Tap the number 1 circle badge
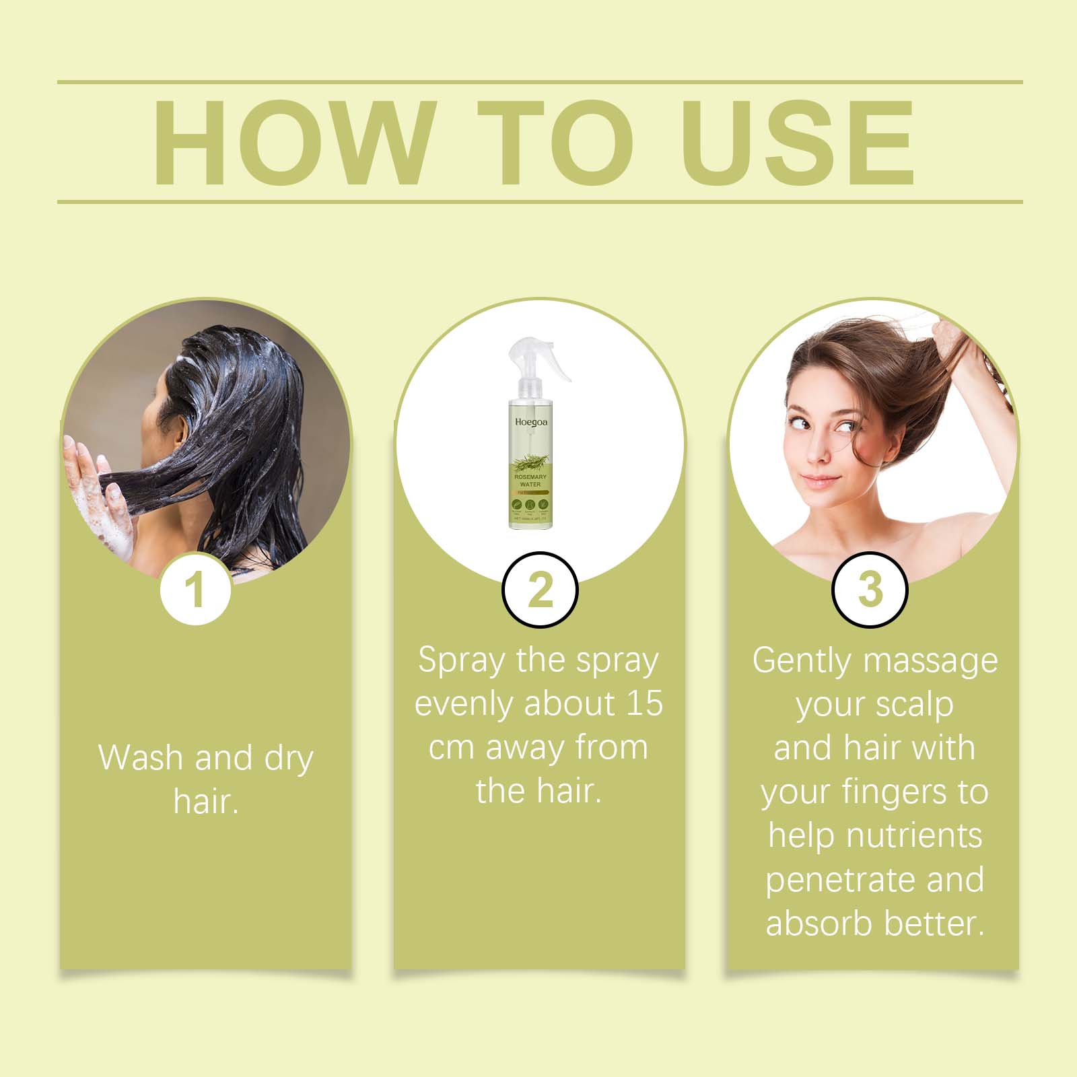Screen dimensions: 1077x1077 click(x=195, y=590)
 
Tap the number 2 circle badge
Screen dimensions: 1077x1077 click(x=540, y=590)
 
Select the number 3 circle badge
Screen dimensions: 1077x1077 click(x=870, y=590)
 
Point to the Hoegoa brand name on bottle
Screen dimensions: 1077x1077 click(x=531, y=422)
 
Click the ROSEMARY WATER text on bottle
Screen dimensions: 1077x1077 click(x=530, y=480)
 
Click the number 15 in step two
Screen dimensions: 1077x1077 click(x=644, y=703)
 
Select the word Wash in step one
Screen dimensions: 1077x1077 click(x=141, y=758)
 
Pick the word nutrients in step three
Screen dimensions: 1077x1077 click(x=914, y=835)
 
